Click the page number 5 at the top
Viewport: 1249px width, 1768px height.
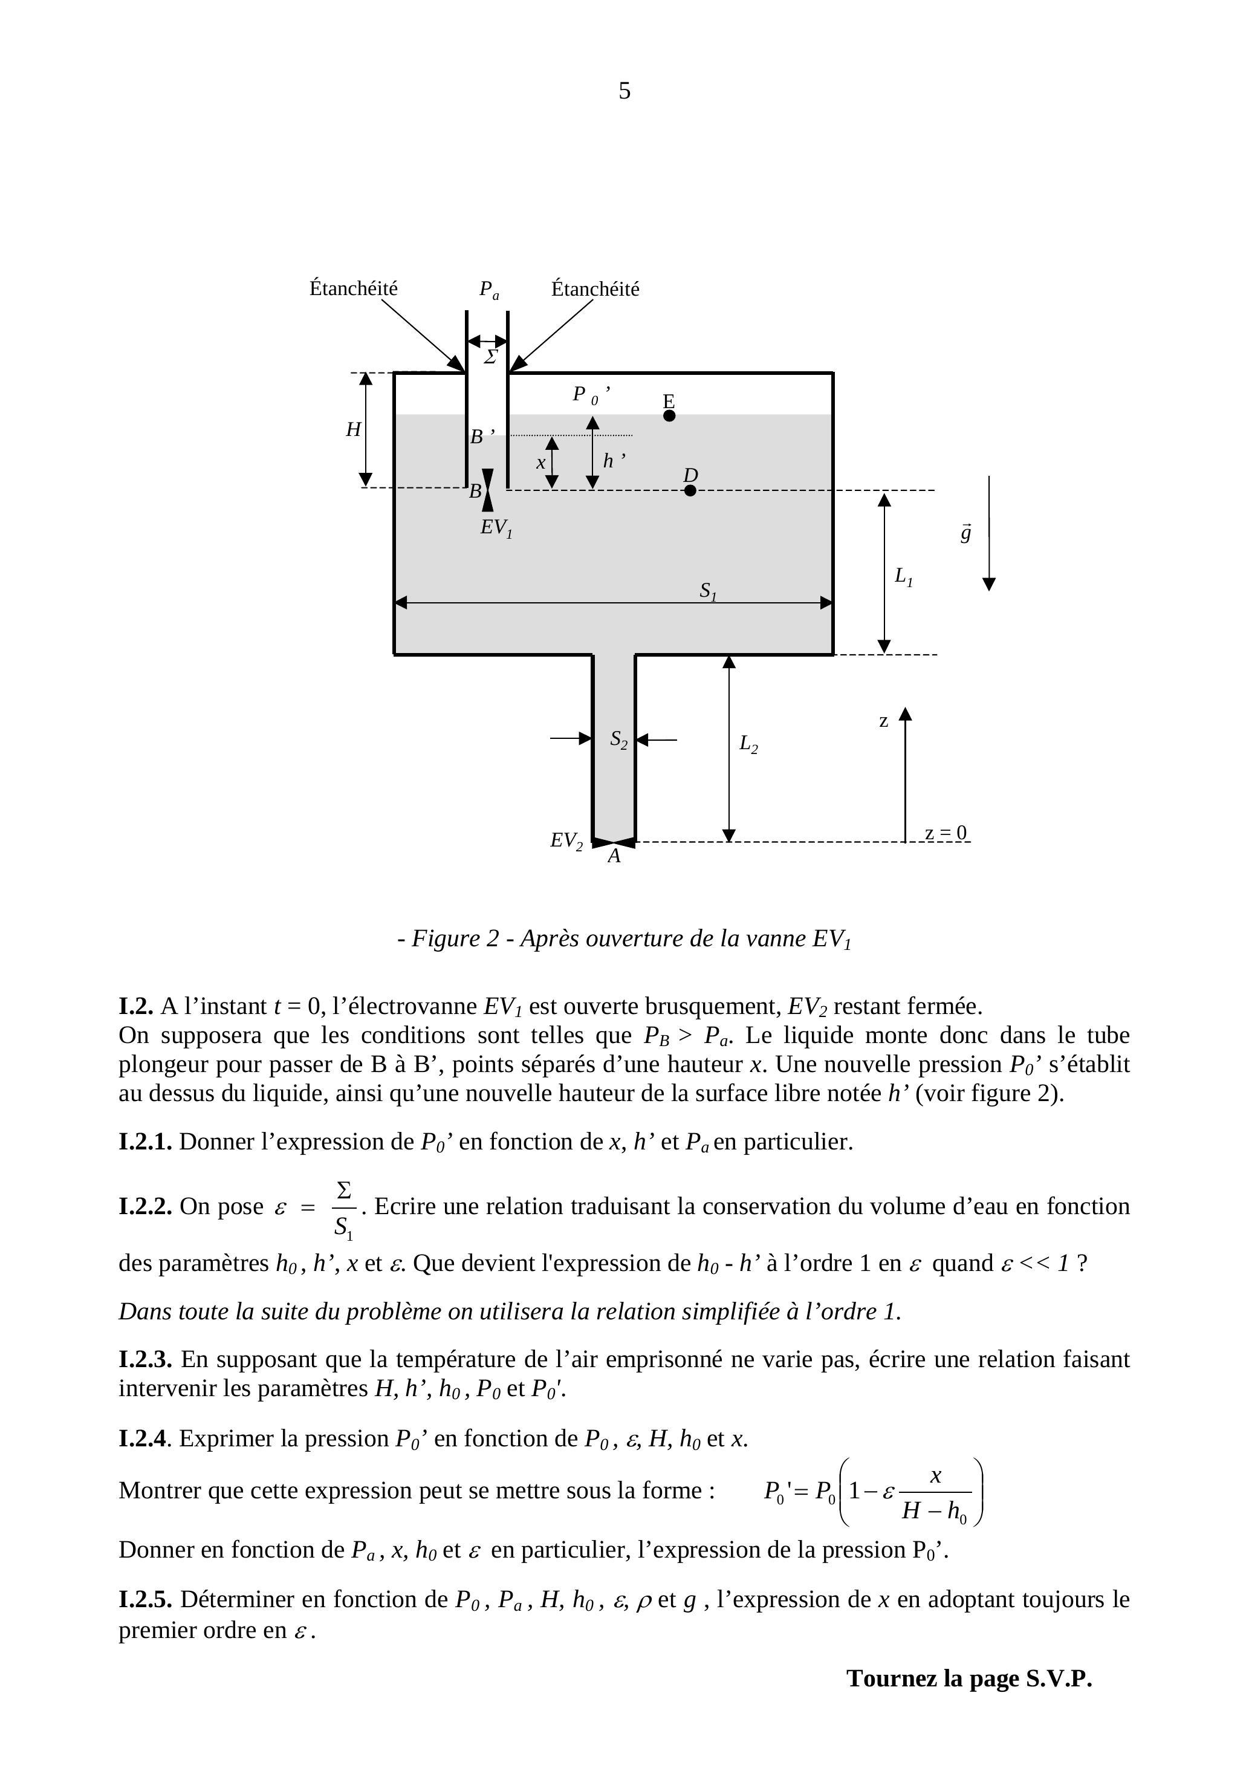tap(624, 91)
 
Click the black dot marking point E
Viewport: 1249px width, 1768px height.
tap(669, 416)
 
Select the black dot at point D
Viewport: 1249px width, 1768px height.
tap(690, 490)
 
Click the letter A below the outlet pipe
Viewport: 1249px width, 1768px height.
tap(614, 857)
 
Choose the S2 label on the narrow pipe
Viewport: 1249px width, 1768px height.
tap(618, 740)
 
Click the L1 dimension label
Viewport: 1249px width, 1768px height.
tap(903, 576)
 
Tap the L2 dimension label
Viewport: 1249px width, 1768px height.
tap(748, 744)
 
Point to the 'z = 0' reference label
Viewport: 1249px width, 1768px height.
tap(946, 833)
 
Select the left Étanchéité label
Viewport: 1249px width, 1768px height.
tap(354, 289)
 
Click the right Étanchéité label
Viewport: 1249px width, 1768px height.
tap(595, 290)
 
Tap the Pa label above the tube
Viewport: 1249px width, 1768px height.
tap(489, 290)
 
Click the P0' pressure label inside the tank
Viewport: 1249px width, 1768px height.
tap(589, 395)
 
